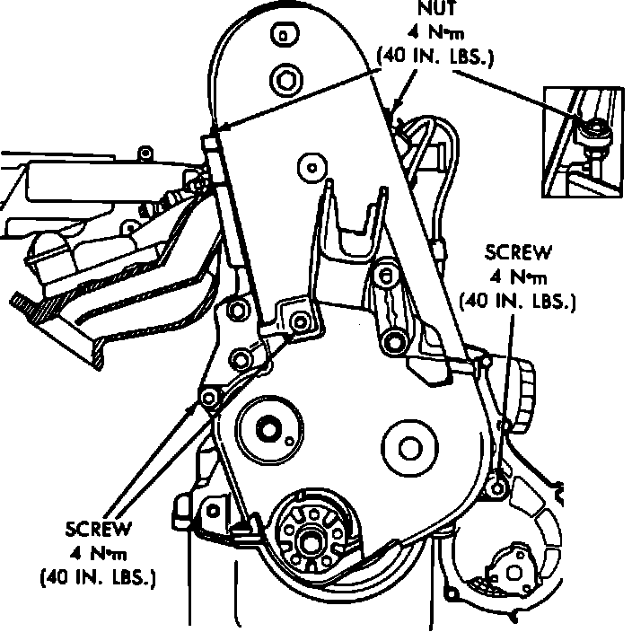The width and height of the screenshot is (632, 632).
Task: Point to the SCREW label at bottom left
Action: click(x=98, y=529)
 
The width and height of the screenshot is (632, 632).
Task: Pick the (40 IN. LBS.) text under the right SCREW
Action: click(x=516, y=301)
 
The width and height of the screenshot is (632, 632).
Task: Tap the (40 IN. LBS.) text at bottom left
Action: click(x=99, y=576)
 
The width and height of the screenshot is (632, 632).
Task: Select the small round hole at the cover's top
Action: click(x=284, y=36)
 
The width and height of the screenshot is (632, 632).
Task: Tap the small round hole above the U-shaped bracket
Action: click(x=312, y=165)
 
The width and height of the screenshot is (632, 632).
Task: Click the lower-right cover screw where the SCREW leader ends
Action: click(x=497, y=489)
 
